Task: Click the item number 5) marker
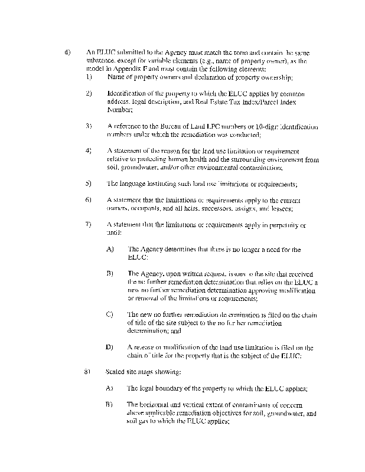(x=89, y=183)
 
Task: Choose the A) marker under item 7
(x=109, y=250)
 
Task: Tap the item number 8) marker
(x=89, y=372)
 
